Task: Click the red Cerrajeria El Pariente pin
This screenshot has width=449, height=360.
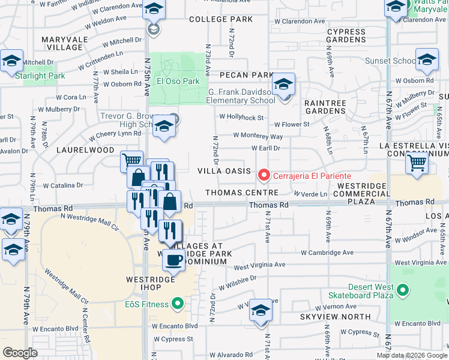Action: (x=263, y=175)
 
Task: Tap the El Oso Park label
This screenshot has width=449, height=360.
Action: (x=178, y=81)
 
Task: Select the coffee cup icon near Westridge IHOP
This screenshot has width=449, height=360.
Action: (x=173, y=260)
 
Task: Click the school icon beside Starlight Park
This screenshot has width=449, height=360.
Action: (x=11, y=61)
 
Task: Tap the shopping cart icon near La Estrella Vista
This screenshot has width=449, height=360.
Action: (x=417, y=163)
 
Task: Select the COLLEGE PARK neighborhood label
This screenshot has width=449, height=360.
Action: (x=221, y=20)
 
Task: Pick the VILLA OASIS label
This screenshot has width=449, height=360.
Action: (x=224, y=171)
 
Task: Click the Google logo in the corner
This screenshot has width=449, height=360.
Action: (x=20, y=353)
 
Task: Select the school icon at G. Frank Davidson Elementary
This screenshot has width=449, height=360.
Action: (x=283, y=85)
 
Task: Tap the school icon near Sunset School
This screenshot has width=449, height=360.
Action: (x=427, y=61)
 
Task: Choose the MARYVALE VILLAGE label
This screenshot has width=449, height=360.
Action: (x=62, y=43)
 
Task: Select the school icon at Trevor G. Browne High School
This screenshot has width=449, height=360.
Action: (x=162, y=126)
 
